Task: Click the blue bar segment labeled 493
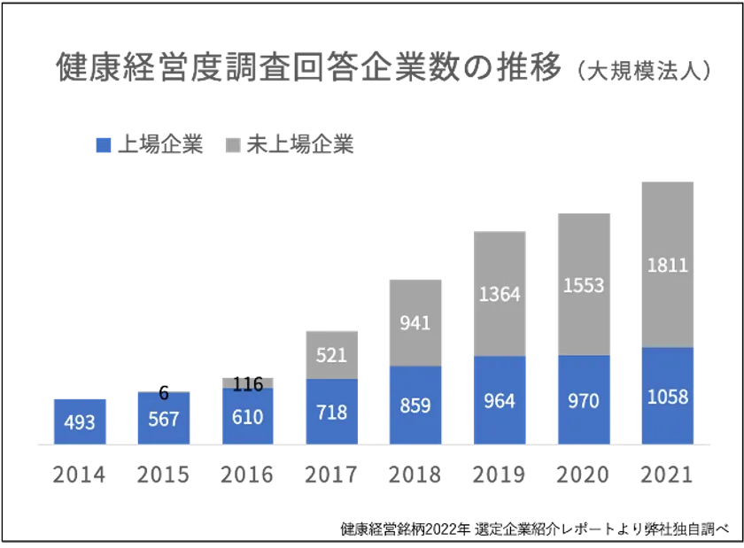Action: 79,421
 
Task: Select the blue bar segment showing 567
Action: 163,418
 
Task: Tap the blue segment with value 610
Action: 247,416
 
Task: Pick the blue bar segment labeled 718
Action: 331,411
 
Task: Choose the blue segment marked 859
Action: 415,405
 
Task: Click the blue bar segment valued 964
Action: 499,400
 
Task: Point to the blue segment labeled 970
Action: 584,399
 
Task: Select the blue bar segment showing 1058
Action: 667,396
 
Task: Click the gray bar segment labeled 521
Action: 331,354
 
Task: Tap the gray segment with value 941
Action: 415,322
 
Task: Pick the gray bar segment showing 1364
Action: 499,293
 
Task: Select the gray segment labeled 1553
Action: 584,284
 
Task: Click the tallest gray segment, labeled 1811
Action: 667,264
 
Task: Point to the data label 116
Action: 247,383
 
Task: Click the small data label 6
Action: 163,393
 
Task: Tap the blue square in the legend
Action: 103,144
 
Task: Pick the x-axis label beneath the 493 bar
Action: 79,475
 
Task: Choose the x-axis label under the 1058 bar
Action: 667,475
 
